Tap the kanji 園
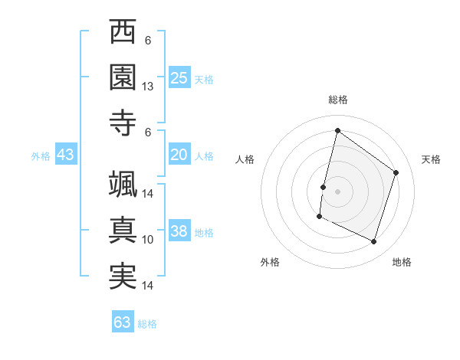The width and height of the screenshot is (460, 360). coord(123,77)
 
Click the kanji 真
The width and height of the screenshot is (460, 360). coord(123,231)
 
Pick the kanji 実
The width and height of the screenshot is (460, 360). coord(123,277)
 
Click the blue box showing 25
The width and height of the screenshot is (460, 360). coord(179,78)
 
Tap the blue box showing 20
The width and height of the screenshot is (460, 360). coord(179,155)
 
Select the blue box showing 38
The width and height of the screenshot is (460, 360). coord(179,232)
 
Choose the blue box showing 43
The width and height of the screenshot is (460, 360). coord(65,155)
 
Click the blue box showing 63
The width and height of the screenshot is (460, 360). coord(123,322)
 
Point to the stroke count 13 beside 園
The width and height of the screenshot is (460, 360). coord(148,87)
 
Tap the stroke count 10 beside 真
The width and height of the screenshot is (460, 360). coord(148,240)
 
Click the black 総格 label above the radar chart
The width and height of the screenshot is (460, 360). coord(338,100)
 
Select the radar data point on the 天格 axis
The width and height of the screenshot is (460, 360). coord(396,172)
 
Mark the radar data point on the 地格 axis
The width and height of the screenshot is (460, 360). coord(374,242)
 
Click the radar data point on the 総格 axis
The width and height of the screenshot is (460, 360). coord(337,131)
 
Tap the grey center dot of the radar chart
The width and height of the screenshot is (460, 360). coord(337,191)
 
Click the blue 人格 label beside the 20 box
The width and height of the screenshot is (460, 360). coord(204,156)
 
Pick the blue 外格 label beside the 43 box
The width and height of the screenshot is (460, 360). coord(41,156)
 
